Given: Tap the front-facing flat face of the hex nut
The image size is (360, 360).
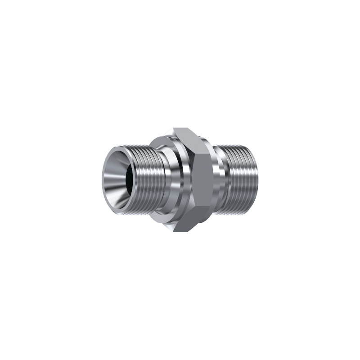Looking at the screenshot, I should [x=200, y=180].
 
